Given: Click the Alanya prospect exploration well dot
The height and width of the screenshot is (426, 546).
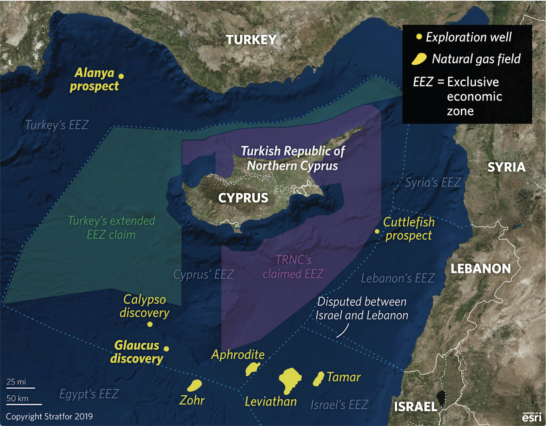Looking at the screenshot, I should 121,76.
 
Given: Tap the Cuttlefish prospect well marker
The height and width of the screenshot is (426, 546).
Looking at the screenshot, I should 377,231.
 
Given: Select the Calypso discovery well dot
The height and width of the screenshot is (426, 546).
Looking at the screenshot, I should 150,324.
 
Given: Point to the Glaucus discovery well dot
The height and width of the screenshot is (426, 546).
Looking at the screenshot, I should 166,349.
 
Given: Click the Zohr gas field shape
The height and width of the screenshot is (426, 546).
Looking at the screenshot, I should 195,385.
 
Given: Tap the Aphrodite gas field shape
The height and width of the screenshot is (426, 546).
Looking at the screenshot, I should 252,369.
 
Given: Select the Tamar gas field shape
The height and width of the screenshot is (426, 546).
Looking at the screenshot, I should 318,379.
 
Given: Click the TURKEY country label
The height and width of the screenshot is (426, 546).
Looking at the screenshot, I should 251,40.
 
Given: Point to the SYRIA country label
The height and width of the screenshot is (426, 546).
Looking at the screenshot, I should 506,167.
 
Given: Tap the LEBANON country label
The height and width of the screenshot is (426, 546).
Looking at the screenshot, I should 480,269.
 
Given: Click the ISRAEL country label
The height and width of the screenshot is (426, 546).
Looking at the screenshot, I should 415,407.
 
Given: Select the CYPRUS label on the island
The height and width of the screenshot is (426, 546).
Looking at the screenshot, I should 243,198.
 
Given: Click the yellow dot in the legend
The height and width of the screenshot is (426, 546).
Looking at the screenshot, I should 419,37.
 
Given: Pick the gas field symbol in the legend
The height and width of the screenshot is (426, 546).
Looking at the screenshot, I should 419,59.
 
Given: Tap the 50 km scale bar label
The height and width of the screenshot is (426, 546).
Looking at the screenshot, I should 17,399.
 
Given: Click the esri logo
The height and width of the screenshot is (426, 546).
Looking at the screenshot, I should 531,417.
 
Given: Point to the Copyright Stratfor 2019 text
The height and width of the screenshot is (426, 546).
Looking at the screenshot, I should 49,417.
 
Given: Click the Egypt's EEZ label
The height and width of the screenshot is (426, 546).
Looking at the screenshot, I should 89,394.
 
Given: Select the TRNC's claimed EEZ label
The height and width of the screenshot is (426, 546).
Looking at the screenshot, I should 293,267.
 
